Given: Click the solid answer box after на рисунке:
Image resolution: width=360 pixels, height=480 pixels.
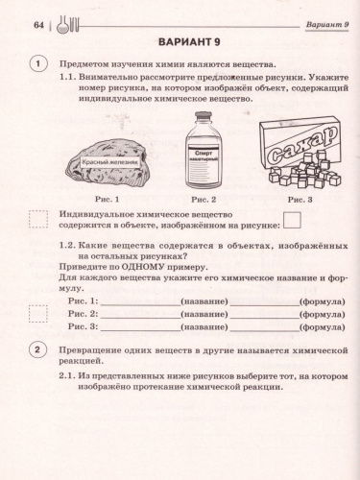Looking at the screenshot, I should [292, 223].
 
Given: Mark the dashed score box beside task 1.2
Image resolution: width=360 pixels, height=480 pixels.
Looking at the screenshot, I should [38, 314].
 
